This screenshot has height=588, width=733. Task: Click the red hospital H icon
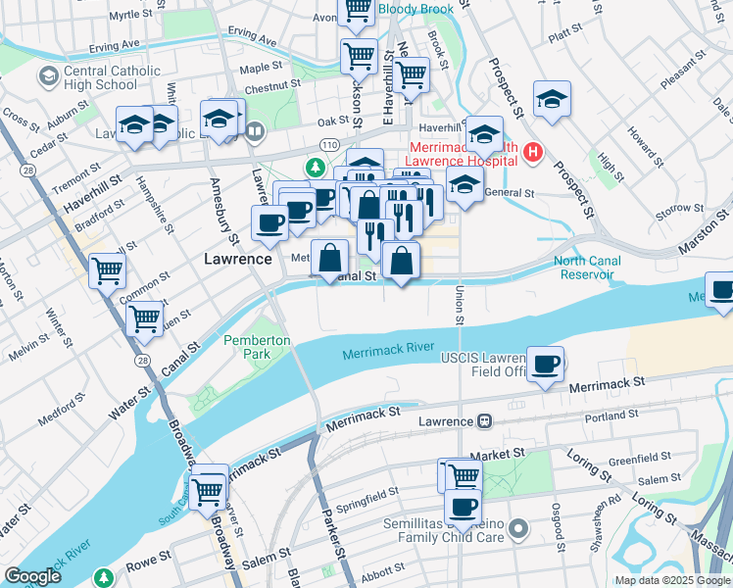(x=533, y=152)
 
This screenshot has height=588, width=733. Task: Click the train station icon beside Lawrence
(x=484, y=421)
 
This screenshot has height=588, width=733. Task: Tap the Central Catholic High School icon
(x=47, y=76)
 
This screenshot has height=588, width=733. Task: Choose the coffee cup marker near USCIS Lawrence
(x=546, y=365)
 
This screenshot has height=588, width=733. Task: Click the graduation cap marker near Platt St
(x=553, y=99)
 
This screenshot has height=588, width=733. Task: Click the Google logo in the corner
(x=32, y=576)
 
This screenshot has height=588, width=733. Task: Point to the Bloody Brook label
(x=417, y=9)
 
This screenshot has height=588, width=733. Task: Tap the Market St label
(x=498, y=456)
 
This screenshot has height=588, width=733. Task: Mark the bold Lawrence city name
(x=237, y=260)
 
